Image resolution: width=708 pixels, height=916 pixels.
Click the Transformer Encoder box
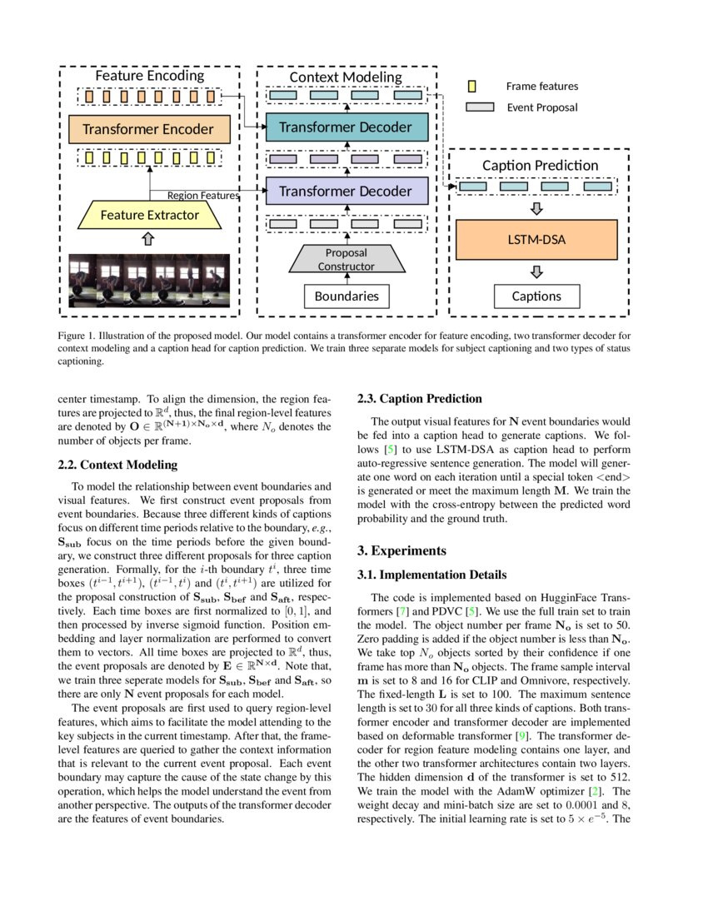(148, 130)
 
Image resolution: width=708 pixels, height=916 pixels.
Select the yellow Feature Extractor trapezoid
(149, 216)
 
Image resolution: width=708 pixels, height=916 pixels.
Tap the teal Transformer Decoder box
(345, 127)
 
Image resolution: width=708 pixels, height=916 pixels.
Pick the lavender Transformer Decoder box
(345, 192)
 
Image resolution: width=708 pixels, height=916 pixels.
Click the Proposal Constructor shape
(346, 259)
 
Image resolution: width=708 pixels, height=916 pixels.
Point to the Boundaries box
(346, 296)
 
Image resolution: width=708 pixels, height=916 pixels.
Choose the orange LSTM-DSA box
(536, 240)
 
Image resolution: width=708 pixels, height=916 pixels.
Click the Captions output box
(536, 296)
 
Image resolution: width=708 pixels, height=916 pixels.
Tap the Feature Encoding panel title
(149, 76)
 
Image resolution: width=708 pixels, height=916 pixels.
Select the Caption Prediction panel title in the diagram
(540, 165)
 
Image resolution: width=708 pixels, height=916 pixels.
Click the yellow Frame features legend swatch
(472, 86)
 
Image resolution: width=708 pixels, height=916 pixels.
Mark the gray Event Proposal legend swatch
(479, 107)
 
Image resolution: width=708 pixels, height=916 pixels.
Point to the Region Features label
(203, 196)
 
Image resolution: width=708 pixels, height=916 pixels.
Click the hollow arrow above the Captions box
(536, 272)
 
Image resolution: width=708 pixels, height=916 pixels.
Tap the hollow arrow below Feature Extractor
(149, 239)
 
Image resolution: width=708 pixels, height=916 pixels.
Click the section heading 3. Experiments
(404, 550)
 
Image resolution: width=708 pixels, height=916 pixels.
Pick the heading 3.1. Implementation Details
(431, 575)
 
